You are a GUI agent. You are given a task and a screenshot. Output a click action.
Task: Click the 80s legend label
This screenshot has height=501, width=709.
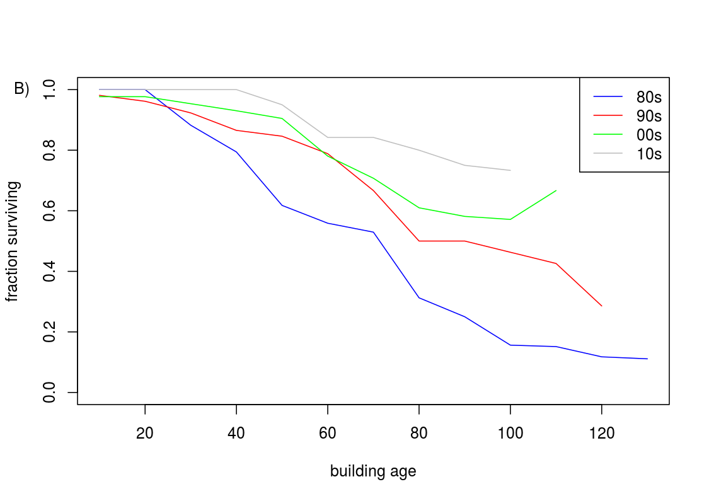[x=649, y=97]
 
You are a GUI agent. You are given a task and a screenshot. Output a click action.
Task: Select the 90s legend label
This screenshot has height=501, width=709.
[x=649, y=116]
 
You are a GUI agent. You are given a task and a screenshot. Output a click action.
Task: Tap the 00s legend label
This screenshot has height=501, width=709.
[x=649, y=135]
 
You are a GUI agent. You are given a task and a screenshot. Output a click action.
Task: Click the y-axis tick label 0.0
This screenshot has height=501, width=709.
[x=50, y=393]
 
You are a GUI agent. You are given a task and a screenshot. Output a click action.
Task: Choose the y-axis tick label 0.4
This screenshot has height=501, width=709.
[x=50, y=272]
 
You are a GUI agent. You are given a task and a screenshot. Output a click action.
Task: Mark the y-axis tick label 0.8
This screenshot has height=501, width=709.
[x=50, y=151]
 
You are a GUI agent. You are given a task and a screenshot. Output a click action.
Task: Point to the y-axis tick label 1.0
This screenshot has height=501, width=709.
[x=50, y=89]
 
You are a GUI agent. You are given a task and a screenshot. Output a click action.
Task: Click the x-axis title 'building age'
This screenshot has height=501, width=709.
[x=373, y=471]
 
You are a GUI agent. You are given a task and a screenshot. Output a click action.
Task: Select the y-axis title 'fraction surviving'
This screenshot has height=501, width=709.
[x=13, y=241]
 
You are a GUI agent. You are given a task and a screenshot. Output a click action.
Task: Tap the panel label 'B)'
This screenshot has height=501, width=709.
[x=22, y=89]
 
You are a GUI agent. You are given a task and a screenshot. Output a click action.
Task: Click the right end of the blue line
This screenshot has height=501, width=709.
[x=647, y=359]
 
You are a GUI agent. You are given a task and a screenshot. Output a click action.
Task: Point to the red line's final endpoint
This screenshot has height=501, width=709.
[x=602, y=306]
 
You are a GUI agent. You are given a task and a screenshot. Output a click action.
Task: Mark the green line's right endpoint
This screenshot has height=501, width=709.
[x=556, y=190]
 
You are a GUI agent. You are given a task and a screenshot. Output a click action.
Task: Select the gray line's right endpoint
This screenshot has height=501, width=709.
[x=510, y=170]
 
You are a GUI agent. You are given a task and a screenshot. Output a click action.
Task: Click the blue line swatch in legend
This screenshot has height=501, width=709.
[x=608, y=97]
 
